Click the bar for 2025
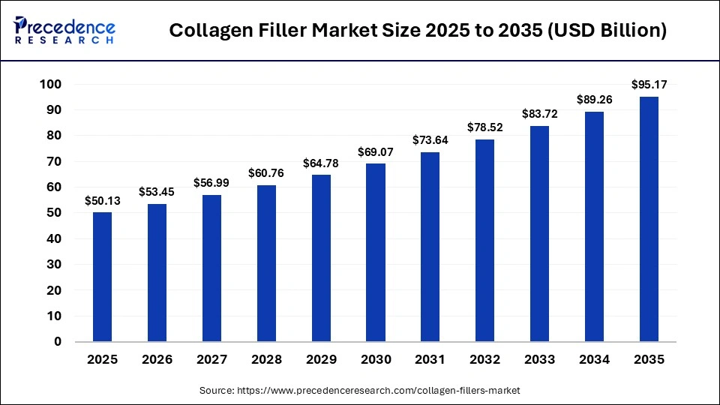coord(102,277)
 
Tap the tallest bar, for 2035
coord(649,219)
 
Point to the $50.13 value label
coord(102,201)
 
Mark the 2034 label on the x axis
coord(593,359)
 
